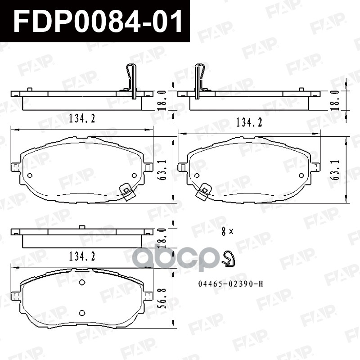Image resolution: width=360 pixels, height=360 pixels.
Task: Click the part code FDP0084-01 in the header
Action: [x=98, y=21]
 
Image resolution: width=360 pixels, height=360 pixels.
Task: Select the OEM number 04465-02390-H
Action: [x=230, y=284]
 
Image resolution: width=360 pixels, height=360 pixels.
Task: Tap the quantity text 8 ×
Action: [x=227, y=231]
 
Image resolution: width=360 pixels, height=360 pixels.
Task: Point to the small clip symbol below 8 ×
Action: [x=229, y=259]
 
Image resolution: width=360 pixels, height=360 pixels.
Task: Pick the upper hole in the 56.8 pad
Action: [x=82, y=283]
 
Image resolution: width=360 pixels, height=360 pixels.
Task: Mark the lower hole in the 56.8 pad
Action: [x=82, y=313]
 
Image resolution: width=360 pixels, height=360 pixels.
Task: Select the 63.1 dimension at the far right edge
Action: [x=335, y=170]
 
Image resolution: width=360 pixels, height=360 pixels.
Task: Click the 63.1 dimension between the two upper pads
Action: [x=163, y=170]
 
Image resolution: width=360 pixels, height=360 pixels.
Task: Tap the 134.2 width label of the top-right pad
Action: [x=249, y=122]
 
